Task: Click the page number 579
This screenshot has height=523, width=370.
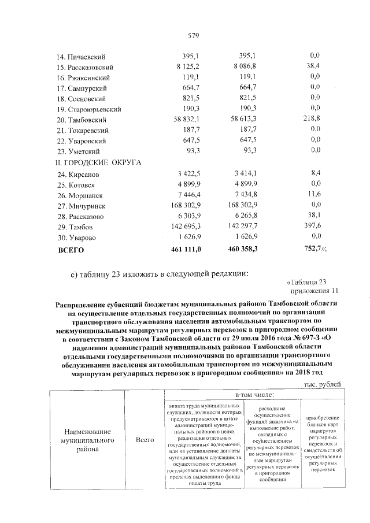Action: point(193,36)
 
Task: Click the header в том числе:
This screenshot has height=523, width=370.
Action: point(254,395)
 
